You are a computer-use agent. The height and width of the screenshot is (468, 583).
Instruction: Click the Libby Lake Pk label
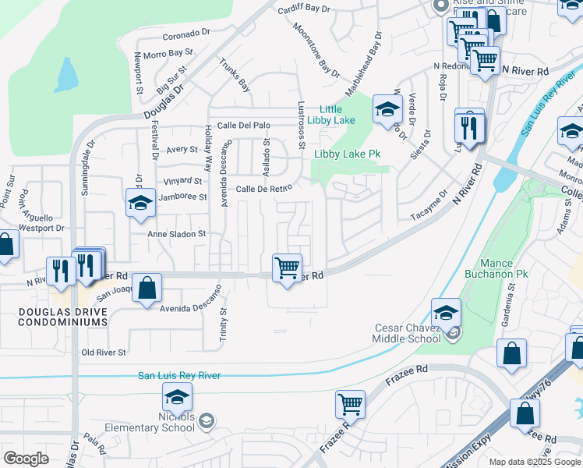[x=347, y=154]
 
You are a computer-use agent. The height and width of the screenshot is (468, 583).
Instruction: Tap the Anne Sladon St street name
[x=178, y=233]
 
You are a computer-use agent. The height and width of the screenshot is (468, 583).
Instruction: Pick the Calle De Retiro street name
[x=263, y=189]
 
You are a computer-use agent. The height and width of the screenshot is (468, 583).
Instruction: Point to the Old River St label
[x=104, y=353]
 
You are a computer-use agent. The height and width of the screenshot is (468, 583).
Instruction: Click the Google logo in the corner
[x=26, y=458]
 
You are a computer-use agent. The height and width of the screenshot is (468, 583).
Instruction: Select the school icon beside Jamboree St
[x=140, y=203]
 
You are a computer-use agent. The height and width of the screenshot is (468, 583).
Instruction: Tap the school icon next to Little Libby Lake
[x=387, y=110]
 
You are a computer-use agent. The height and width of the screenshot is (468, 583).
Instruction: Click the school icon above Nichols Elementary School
[x=177, y=398]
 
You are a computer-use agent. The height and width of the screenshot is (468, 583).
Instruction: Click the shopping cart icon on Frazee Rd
[x=351, y=404]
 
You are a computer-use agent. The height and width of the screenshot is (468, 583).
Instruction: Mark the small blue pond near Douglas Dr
[x=67, y=75]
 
